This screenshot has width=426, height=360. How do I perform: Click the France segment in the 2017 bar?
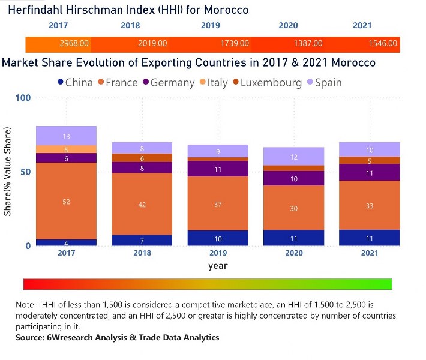66,201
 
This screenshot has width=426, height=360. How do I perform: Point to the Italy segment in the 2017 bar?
66,149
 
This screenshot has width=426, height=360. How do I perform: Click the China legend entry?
74,83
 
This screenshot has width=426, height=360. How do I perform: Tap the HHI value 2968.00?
74,44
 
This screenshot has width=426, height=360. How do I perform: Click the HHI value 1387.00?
307,44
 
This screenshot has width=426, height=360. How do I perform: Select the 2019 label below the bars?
217,254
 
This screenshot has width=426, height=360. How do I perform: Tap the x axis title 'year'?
217,266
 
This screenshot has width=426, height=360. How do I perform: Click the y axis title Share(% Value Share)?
8,172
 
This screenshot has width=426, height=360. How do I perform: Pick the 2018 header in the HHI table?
130,26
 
